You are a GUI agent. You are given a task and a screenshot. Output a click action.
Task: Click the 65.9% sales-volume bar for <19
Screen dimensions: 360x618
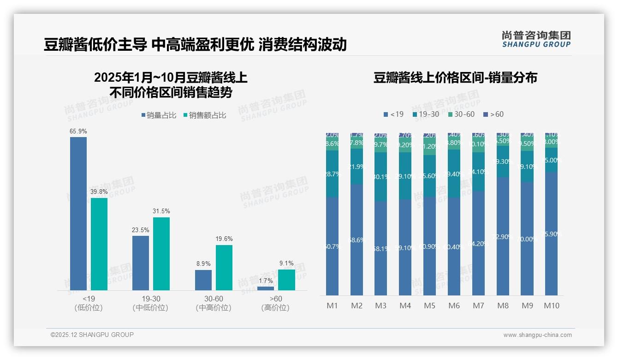click(x=78, y=213)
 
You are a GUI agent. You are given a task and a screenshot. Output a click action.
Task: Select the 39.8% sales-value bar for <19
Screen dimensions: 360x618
click(x=99, y=244)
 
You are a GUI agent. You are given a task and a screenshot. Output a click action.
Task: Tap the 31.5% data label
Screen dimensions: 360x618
click(x=161, y=211)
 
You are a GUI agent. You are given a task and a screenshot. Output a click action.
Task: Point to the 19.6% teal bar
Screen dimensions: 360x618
click(x=224, y=268)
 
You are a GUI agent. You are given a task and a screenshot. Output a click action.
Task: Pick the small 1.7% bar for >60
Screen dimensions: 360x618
click(x=266, y=288)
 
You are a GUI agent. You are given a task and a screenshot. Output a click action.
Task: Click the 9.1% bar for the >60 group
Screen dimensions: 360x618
click(x=286, y=280)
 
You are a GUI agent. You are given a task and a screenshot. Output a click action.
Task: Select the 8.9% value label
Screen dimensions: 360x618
click(x=203, y=264)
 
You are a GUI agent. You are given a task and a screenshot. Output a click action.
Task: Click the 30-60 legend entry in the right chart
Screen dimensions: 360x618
click(x=461, y=114)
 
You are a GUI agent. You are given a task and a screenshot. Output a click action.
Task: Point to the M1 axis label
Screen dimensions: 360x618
click(x=333, y=306)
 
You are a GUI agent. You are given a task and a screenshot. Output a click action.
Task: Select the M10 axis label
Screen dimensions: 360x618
click(x=552, y=306)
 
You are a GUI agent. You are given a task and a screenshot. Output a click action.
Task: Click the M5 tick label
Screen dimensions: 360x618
click(x=430, y=306)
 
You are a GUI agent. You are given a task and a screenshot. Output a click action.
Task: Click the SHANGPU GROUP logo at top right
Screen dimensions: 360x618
click(x=536, y=39)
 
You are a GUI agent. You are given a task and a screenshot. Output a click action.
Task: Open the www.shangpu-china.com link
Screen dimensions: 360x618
click(x=537, y=335)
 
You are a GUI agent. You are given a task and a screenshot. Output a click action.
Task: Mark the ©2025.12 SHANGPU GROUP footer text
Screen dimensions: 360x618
click(x=92, y=335)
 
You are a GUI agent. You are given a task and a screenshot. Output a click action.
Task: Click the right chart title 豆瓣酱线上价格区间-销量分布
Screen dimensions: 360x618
click(x=455, y=78)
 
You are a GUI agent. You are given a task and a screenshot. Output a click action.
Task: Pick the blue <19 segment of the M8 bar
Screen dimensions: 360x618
click(x=503, y=236)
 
